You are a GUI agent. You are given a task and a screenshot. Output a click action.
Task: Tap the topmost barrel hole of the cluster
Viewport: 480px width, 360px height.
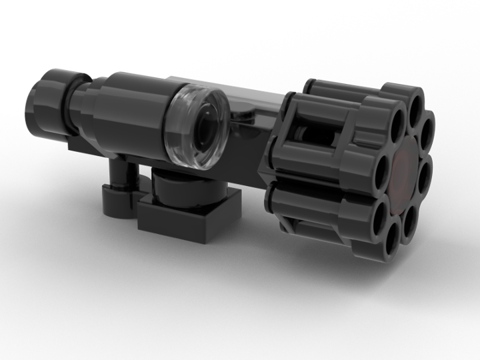pos(418,105)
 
